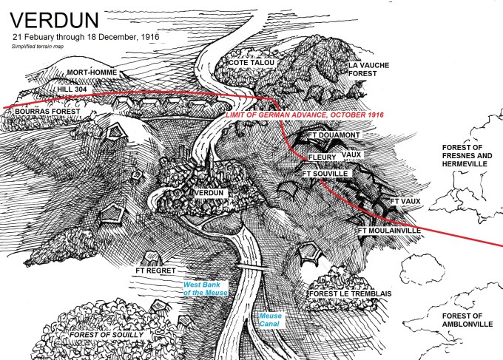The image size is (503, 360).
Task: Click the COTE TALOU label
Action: coord(251,64)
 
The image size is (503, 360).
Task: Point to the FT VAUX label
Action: coord(405,200)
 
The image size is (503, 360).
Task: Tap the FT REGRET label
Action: coord(156,271)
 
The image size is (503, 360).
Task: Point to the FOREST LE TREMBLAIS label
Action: coord(349,293)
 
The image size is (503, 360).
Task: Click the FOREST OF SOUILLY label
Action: coord(108,335)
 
